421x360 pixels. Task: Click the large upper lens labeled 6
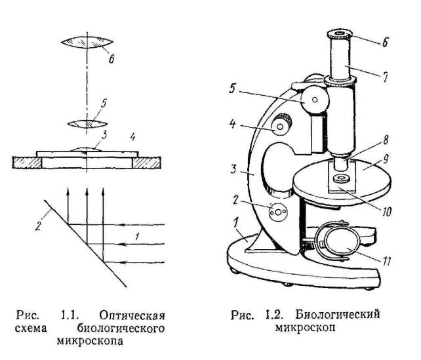[x=87, y=43]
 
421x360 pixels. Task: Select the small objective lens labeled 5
[x=87, y=124]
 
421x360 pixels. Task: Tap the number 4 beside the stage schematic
[x=132, y=138]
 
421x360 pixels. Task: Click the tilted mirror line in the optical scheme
[x=85, y=243]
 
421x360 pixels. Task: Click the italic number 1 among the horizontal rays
[x=137, y=236]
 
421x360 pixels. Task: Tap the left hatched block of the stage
[x=27, y=163]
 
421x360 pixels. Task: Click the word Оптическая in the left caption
[x=132, y=315]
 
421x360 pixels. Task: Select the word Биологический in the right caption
[x=338, y=315]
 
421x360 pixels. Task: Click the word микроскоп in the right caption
[x=306, y=328]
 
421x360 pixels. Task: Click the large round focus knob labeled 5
[x=315, y=100]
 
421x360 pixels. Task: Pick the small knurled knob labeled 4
[x=281, y=125]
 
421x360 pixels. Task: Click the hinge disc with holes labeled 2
[x=278, y=212]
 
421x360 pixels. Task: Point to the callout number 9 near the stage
[x=386, y=159]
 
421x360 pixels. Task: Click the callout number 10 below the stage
[x=386, y=212]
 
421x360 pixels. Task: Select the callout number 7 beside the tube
[x=385, y=77]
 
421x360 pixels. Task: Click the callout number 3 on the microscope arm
[x=234, y=169]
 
